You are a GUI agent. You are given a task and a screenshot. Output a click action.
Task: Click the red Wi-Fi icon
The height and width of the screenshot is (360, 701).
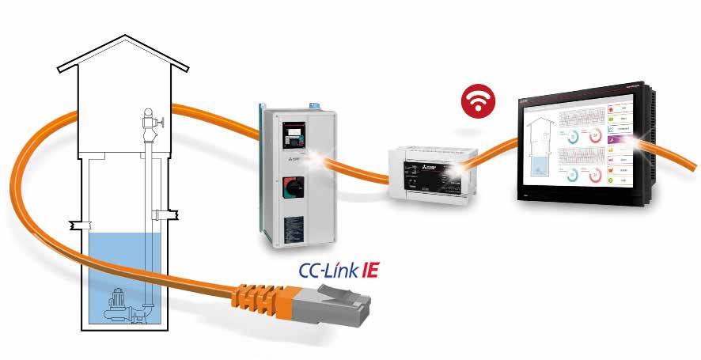[476, 103]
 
